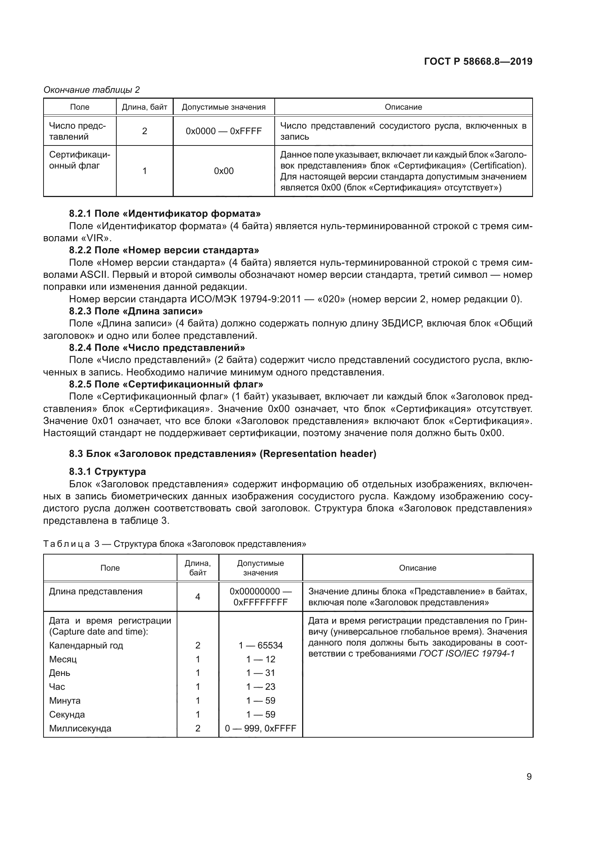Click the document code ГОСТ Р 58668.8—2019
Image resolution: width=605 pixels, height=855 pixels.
478,61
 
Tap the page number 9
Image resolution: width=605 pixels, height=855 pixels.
529,776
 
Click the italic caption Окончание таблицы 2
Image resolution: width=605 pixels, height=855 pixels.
91,90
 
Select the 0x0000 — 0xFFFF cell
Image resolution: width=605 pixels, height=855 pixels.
223,131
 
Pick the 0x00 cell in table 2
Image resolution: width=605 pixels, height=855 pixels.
223,171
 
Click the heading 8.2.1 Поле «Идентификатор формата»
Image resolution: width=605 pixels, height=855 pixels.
165,213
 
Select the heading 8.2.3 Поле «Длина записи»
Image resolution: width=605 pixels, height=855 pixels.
136,311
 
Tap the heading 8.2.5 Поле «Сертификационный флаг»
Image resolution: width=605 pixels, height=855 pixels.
166,384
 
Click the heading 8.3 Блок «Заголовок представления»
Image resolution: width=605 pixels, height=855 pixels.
222,454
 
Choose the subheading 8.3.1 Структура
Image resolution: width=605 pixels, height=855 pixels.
107,472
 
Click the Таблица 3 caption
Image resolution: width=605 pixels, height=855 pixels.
174,544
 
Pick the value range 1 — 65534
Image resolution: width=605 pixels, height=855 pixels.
260,645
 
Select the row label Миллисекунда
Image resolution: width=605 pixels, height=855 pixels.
80,729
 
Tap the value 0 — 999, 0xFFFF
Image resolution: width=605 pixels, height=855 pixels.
260,729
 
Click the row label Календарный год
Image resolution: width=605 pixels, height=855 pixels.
86,645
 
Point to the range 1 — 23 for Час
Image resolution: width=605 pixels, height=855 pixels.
260,687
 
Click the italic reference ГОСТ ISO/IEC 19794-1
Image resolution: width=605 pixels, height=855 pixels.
466,654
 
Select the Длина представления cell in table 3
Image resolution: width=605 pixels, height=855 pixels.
96,591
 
